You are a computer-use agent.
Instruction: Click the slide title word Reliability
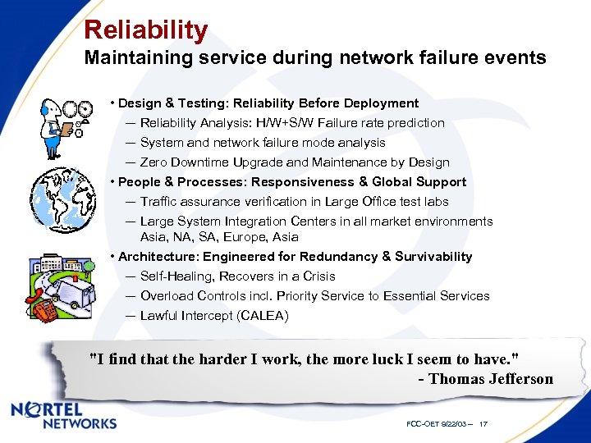(x=145, y=30)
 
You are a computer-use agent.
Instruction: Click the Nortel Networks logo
(x=65, y=415)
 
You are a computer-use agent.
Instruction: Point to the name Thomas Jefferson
(x=491, y=379)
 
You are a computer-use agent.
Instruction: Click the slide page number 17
(x=483, y=424)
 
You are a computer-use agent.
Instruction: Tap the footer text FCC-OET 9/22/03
(x=436, y=424)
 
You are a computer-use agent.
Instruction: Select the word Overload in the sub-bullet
(x=167, y=296)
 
